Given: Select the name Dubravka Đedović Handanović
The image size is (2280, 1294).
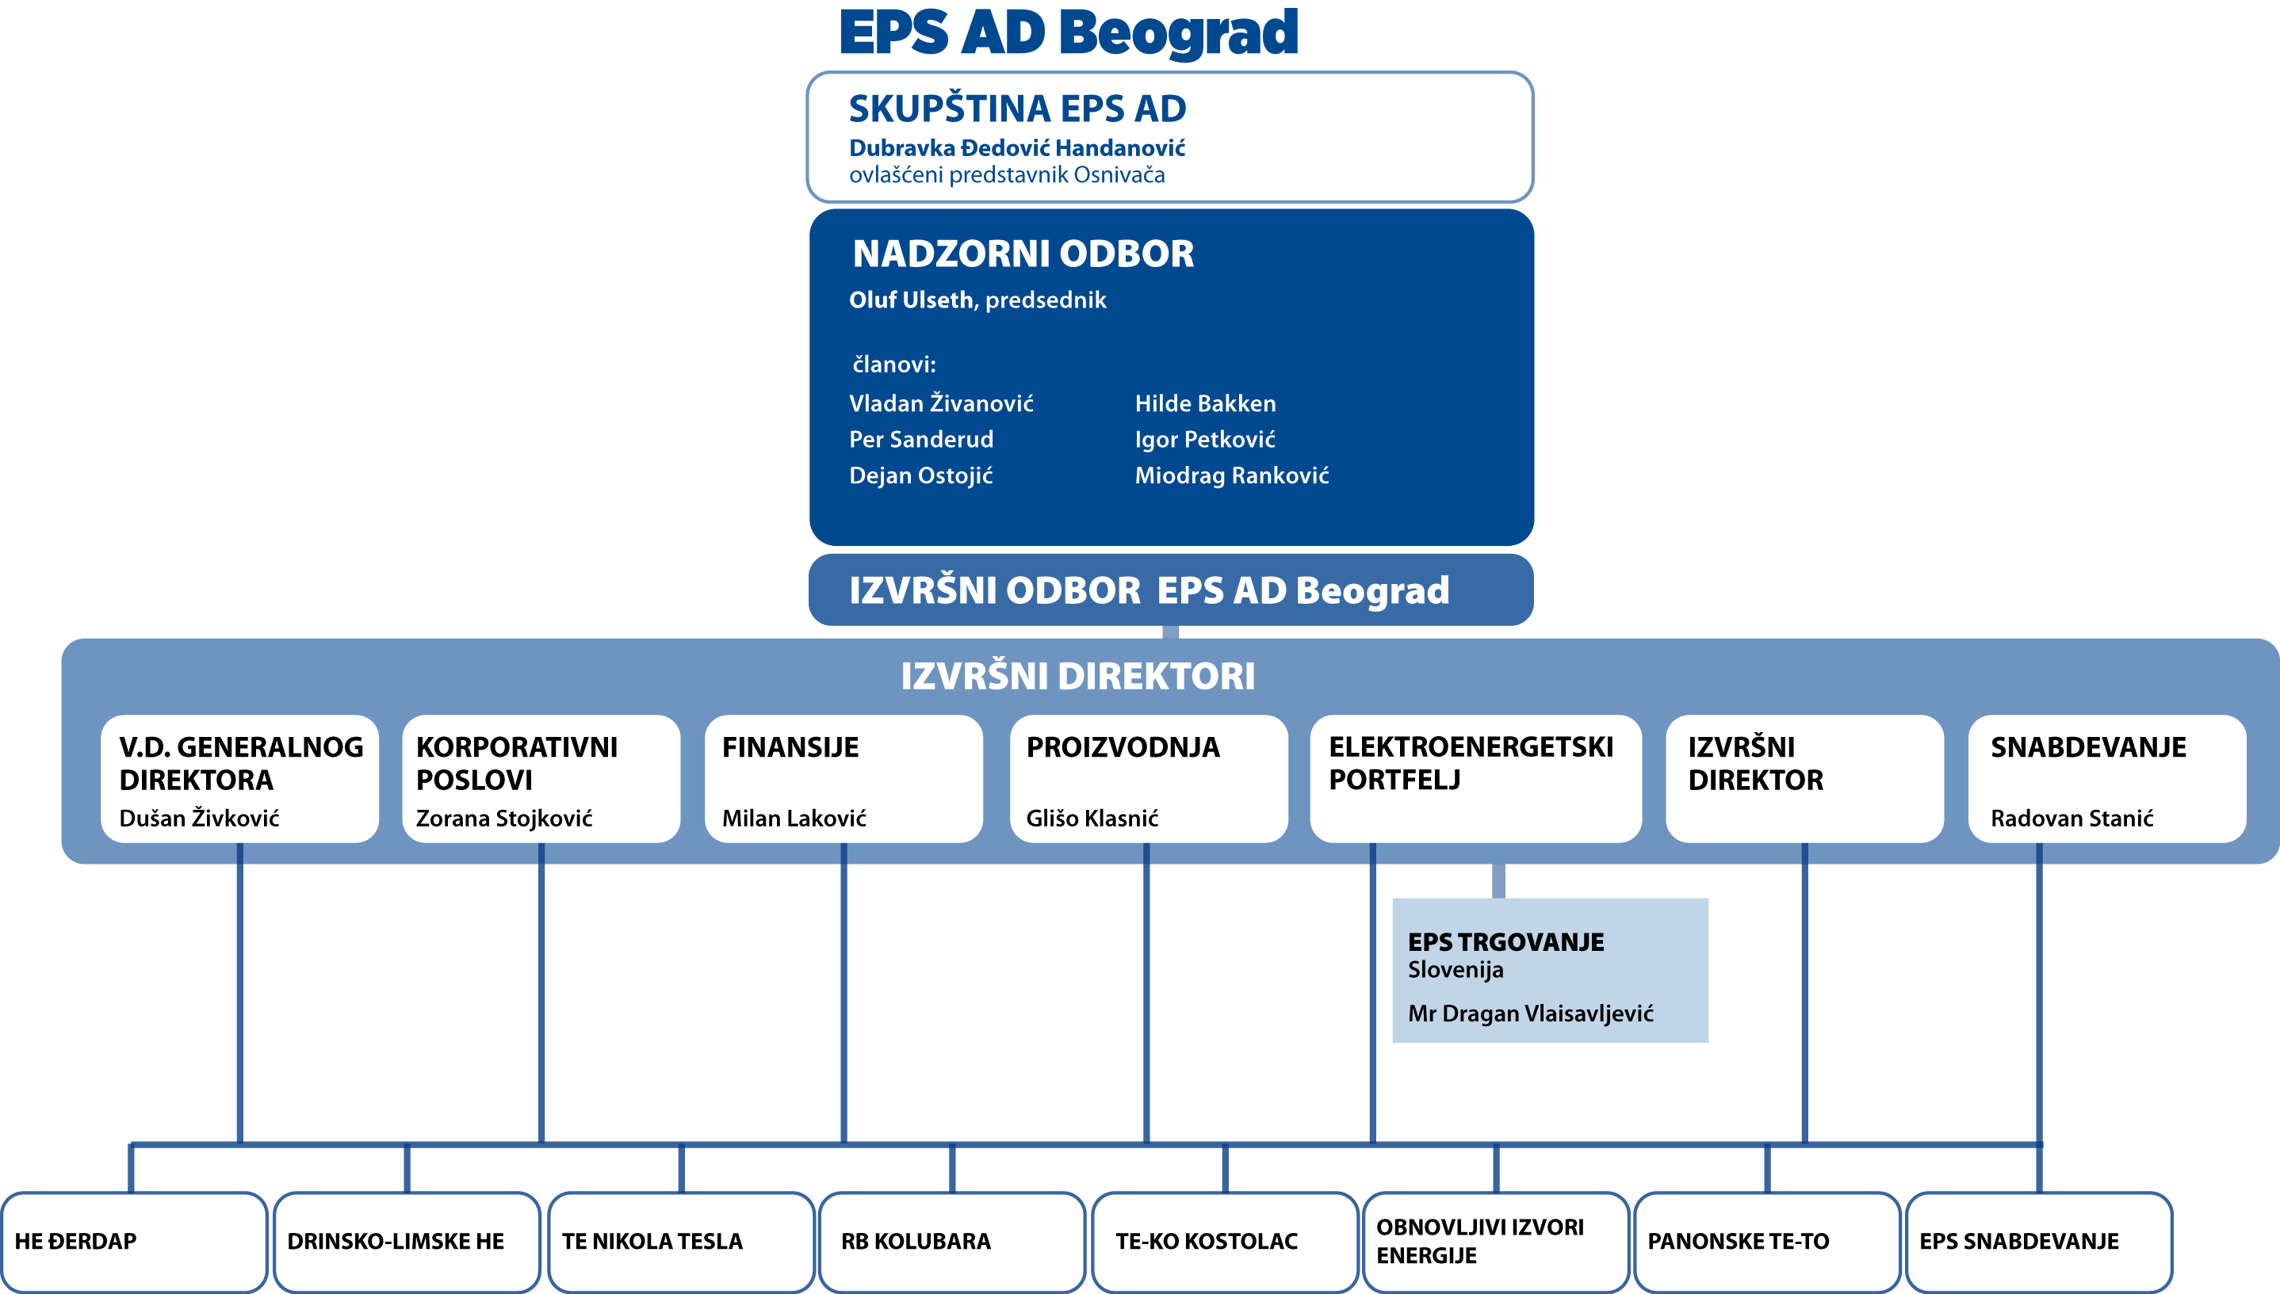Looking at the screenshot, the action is tap(1017, 147).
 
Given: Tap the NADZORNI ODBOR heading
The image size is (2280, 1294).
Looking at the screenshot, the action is tap(1023, 254).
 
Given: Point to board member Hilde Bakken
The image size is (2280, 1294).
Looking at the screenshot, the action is tap(1205, 403).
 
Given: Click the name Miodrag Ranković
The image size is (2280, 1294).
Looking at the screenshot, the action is tap(1232, 475).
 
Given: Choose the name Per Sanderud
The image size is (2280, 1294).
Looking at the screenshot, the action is tap(921, 439).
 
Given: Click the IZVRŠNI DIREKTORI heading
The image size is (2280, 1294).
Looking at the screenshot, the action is tap(1077, 677).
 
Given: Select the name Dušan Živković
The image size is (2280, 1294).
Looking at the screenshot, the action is tap(199, 818).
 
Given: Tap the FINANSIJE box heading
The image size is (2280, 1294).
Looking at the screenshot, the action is tap(790, 747).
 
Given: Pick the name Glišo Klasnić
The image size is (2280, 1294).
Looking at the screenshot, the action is tap(1092, 818).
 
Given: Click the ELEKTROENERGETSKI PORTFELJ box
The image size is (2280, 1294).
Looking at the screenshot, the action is tap(1475, 778).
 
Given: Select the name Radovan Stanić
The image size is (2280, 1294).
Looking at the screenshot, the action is tap(2072, 818).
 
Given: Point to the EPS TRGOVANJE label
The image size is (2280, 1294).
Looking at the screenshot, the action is tap(1505, 942).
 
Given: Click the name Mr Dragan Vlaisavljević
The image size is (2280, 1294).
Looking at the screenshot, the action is tap(1531, 1013).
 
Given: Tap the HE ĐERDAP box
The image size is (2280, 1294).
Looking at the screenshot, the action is tap(134, 1242).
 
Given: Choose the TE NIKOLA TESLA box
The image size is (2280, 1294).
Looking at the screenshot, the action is tap(681, 1242).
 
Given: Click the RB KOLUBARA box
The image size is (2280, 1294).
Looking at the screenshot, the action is tap(952, 1242).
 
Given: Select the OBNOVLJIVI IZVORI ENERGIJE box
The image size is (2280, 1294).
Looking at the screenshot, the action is tap(1496, 1242).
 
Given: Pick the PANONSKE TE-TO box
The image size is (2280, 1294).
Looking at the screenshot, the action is tap(1767, 1242).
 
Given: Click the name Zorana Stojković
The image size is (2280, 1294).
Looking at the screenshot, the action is tap(504, 818).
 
